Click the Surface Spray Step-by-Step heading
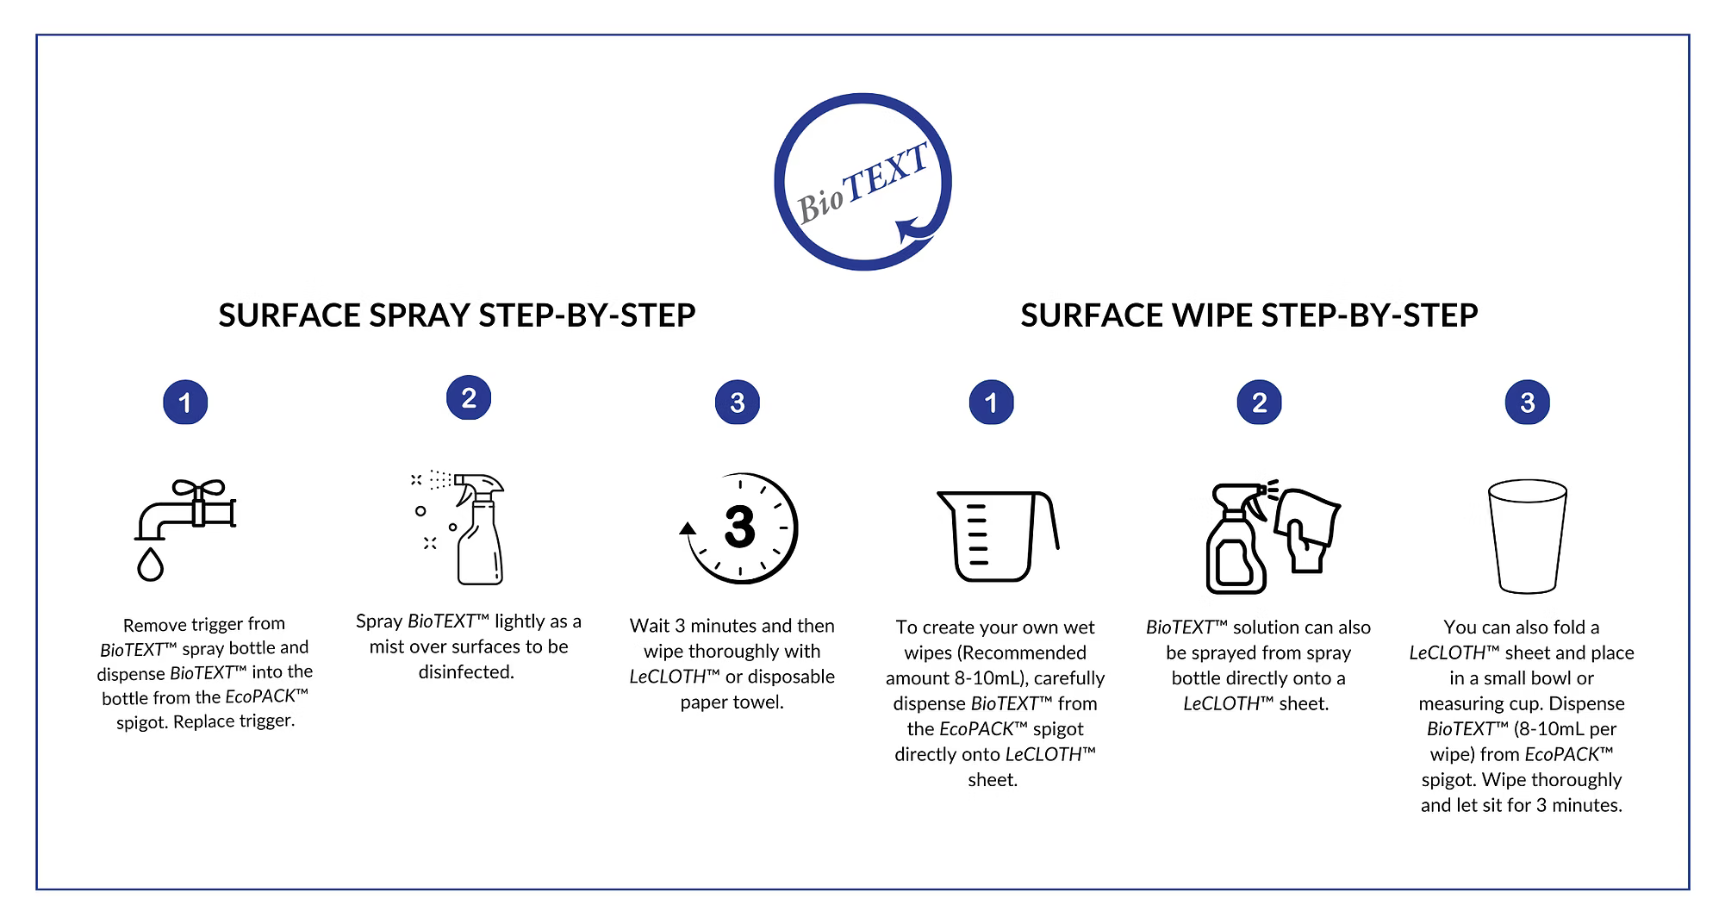pos(457,315)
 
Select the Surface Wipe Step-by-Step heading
pos(1249,315)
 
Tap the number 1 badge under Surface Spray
pos(185,402)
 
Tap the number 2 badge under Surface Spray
pos(469,397)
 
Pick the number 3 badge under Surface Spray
pos(738,402)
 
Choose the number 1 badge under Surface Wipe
pos(991,402)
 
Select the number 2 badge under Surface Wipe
pos(1259,402)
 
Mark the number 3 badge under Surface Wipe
pos(1528,402)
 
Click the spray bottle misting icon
pos(458,528)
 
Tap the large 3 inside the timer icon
pos(740,527)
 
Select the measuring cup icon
pos(998,536)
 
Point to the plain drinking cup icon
pos(1528,536)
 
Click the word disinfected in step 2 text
pos(466,672)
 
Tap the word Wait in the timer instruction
pos(650,626)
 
